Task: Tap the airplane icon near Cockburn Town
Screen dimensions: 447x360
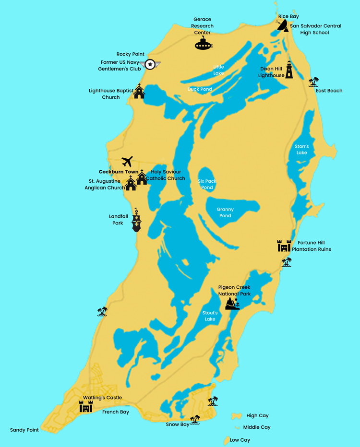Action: pos(127,161)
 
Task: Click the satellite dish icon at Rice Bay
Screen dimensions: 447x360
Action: pos(282,26)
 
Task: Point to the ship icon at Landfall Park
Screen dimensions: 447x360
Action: pos(138,221)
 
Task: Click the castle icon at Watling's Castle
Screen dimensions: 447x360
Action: pos(85,406)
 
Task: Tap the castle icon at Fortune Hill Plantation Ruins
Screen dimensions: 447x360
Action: pos(284,246)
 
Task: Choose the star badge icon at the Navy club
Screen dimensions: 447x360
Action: pos(150,64)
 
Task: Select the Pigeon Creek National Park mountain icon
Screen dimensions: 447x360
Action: pos(233,304)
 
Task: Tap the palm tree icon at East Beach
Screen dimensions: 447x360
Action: pos(314,82)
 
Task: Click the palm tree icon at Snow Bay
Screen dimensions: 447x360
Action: pos(195,420)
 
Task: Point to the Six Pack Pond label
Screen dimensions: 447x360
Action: pos(207,184)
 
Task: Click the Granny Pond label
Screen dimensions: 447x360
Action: pos(225,212)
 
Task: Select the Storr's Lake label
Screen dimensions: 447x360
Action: pos(301,149)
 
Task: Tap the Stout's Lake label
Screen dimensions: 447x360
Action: pos(210,316)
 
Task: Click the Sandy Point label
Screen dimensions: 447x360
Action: pos(24,430)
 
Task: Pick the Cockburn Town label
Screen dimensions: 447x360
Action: pos(119,172)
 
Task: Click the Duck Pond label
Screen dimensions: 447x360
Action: pos(200,89)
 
